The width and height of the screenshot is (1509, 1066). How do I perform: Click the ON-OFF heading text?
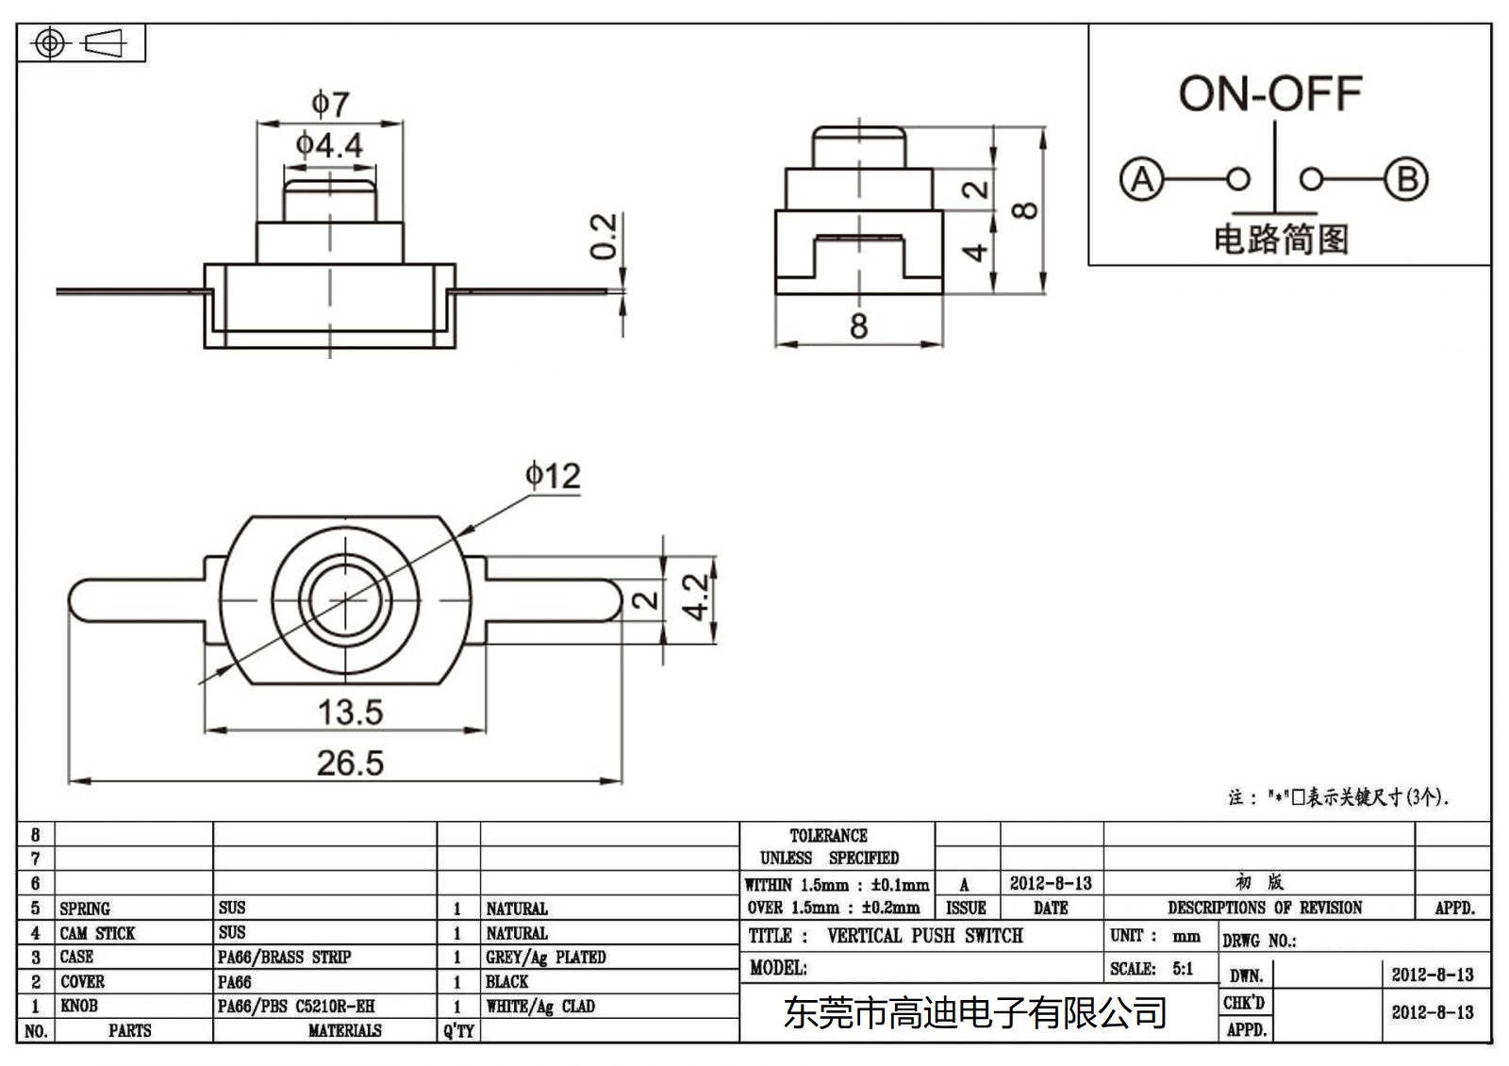(1269, 94)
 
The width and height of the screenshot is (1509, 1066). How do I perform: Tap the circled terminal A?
(1141, 179)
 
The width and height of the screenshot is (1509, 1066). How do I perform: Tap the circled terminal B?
(1406, 179)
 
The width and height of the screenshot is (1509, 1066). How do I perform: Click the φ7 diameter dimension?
(330, 104)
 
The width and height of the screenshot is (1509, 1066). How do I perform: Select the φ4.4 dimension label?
(329, 145)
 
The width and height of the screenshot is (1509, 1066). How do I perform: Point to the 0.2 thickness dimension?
(604, 236)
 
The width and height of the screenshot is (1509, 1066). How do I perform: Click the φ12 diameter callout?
(553, 476)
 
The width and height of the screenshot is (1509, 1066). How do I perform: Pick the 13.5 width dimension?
(350, 712)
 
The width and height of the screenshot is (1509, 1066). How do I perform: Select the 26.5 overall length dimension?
(350, 763)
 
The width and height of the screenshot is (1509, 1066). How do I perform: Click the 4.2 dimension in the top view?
(696, 597)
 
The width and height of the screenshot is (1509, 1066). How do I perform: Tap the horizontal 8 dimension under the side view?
(858, 326)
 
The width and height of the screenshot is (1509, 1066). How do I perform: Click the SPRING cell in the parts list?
(85, 909)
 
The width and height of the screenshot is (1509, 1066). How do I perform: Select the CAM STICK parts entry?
(97, 933)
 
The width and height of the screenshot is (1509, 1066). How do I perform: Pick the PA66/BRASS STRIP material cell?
(284, 958)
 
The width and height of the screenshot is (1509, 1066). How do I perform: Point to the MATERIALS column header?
(344, 1031)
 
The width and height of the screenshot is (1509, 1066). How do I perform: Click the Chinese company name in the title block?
(975, 1013)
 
